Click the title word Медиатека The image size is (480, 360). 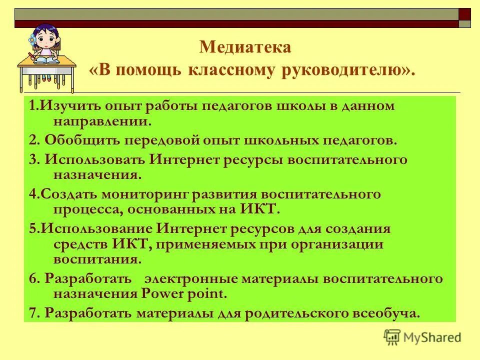tap(244, 47)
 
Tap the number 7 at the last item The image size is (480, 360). tap(32, 313)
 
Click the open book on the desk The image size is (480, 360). tap(46, 59)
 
